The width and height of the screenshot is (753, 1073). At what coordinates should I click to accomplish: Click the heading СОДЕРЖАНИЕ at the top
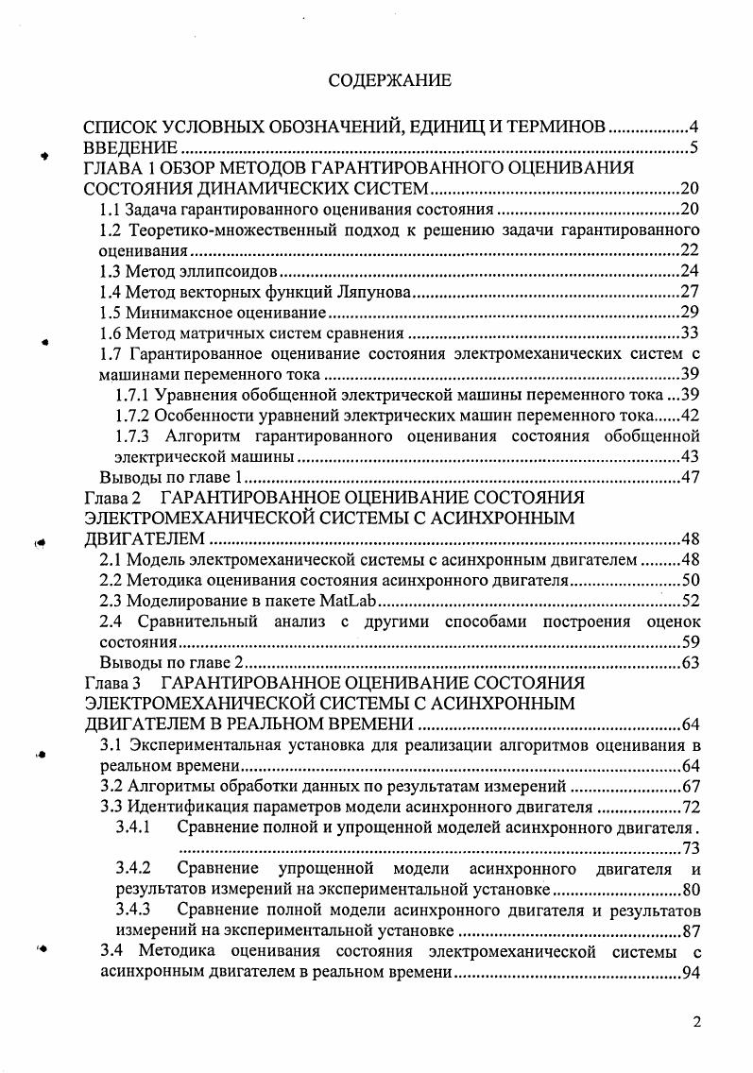(x=389, y=80)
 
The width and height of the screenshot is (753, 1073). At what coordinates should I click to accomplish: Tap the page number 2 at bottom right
(x=696, y=1022)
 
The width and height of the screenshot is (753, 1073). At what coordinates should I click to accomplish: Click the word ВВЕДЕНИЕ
(x=130, y=147)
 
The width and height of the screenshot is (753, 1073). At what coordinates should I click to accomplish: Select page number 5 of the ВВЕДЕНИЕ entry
(x=693, y=147)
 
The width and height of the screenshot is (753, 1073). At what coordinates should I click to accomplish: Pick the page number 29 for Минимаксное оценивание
(x=690, y=313)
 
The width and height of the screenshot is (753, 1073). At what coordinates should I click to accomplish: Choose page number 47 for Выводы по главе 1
(x=690, y=477)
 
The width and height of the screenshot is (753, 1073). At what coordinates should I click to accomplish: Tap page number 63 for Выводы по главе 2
(x=690, y=662)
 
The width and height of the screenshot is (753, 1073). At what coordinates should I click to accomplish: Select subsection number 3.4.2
(x=133, y=868)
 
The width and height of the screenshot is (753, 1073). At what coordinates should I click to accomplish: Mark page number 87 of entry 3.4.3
(x=690, y=930)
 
